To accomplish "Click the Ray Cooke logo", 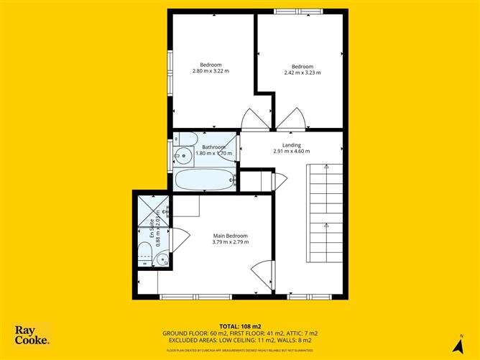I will click(x=32, y=335).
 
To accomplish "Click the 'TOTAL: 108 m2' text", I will click(x=239, y=325).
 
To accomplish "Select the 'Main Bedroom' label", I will click(x=230, y=236).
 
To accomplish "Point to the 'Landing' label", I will click(x=291, y=145).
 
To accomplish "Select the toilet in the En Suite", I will click(x=144, y=254).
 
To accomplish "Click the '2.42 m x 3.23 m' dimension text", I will click(x=302, y=73).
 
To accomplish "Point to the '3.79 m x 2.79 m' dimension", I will click(x=230, y=242).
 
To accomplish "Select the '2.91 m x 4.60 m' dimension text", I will click(x=291, y=152).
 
